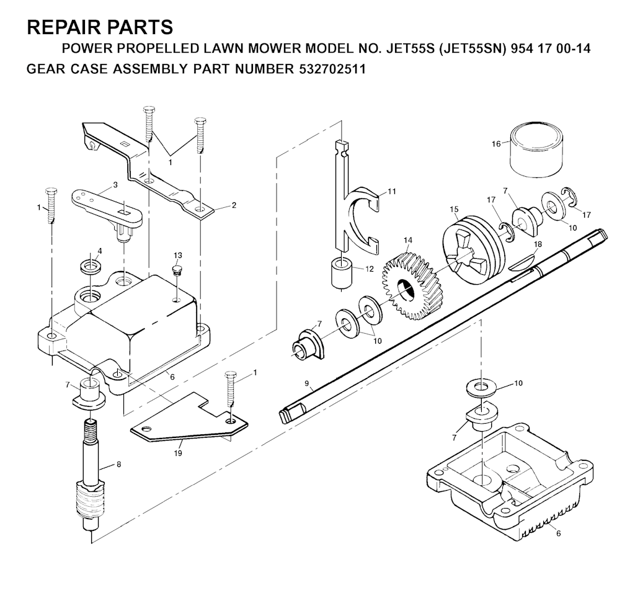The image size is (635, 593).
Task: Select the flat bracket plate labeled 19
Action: pyautogui.click(x=189, y=417)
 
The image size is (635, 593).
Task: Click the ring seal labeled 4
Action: pyautogui.click(x=91, y=267)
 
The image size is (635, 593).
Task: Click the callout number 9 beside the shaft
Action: pyautogui.click(x=306, y=383)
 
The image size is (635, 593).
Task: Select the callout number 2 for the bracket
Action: pyautogui.click(x=234, y=205)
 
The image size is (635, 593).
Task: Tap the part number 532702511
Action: pyautogui.click(x=332, y=69)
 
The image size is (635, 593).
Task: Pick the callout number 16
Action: pyautogui.click(x=496, y=144)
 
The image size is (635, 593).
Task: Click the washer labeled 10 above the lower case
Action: pyautogui.click(x=481, y=387)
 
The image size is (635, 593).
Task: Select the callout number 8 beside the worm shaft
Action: pyautogui.click(x=118, y=465)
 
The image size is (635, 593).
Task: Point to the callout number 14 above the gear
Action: pyautogui.click(x=408, y=240)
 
